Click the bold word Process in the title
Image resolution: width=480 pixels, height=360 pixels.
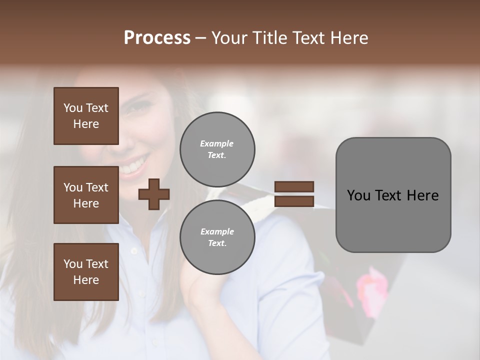pos(157,38)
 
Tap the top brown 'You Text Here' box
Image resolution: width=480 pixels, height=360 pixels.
pos(86,116)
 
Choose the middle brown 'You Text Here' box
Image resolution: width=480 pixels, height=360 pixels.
pos(86,195)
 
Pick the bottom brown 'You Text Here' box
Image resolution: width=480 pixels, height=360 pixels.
pos(86,272)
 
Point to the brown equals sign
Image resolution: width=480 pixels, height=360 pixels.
pos(294,194)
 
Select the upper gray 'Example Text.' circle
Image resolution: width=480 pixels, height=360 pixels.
pos(217,149)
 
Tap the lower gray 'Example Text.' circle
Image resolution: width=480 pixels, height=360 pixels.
pos(217,237)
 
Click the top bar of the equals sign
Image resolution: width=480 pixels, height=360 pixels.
pos(294,187)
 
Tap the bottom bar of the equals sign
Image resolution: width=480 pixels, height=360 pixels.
pos(294,201)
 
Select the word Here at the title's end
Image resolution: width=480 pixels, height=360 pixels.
pos(350,38)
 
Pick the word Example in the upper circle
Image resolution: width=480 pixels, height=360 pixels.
pos(216,143)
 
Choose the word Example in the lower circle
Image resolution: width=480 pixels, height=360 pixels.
pos(217,231)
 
